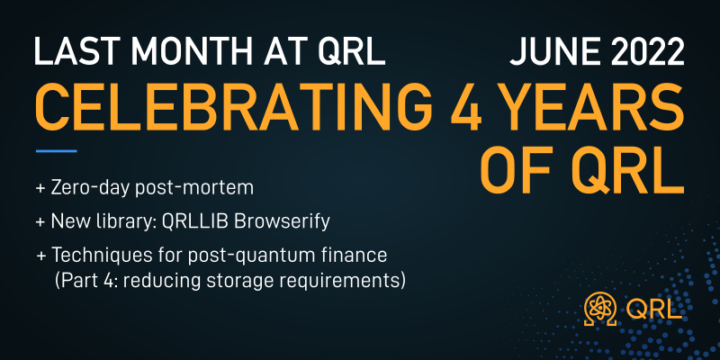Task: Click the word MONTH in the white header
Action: click(167, 51)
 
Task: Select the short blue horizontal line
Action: click(56, 150)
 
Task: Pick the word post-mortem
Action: click(194, 189)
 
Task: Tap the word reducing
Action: click(164, 281)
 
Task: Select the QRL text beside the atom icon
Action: click(653, 309)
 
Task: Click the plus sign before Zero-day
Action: click(40, 189)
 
